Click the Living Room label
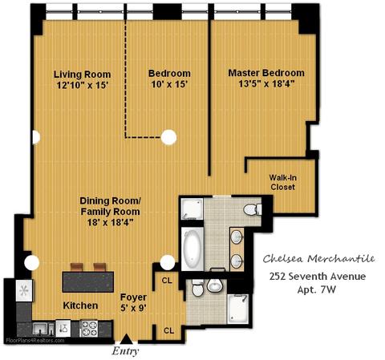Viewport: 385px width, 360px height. (82, 75)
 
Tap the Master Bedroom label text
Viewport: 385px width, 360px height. (266, 73)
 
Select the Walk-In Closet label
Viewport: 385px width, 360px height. (282, 182)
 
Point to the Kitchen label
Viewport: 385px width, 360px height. (80, 305)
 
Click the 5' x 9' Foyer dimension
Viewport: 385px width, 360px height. (133, 308)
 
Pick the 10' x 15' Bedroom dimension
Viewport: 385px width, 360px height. (169, 84)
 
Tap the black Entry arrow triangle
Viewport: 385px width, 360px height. (126, 339)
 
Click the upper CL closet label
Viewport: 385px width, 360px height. (167, 281)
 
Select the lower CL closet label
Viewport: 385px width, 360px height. (168, 330)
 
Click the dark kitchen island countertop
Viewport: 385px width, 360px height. (88, 282)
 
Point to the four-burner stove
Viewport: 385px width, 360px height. (89, 328)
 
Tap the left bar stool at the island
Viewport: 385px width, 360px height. (76, 267)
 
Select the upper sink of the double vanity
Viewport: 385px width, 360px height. (237, 237)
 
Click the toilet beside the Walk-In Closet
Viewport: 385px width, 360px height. (253, 209)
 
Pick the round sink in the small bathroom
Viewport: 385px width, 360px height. (215, 286)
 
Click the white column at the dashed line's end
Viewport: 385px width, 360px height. (168, 137)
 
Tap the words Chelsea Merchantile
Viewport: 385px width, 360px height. (318, 259)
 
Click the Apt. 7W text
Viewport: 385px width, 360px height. (317, 289)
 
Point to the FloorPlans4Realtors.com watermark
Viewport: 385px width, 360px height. (35, 341)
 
